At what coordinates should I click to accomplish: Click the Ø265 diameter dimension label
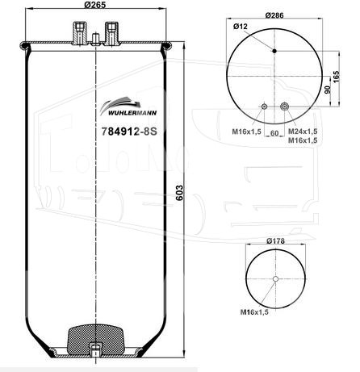(x=95, y=5)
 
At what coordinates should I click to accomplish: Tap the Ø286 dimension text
(x=274, y=15)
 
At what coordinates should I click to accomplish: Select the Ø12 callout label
(x=241, y=27)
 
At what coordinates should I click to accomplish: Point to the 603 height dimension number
(x=179, y=193)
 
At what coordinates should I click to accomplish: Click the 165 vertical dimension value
(x=337, y=77)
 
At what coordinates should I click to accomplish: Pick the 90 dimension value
(x=327, y=90)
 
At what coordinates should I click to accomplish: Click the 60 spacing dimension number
(x=274, y=133)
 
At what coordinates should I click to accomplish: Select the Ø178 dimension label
(x=275, y=241)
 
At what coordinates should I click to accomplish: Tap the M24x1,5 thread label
(x=303, y=132)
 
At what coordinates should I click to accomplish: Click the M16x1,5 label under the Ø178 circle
(x=254, y=312)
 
